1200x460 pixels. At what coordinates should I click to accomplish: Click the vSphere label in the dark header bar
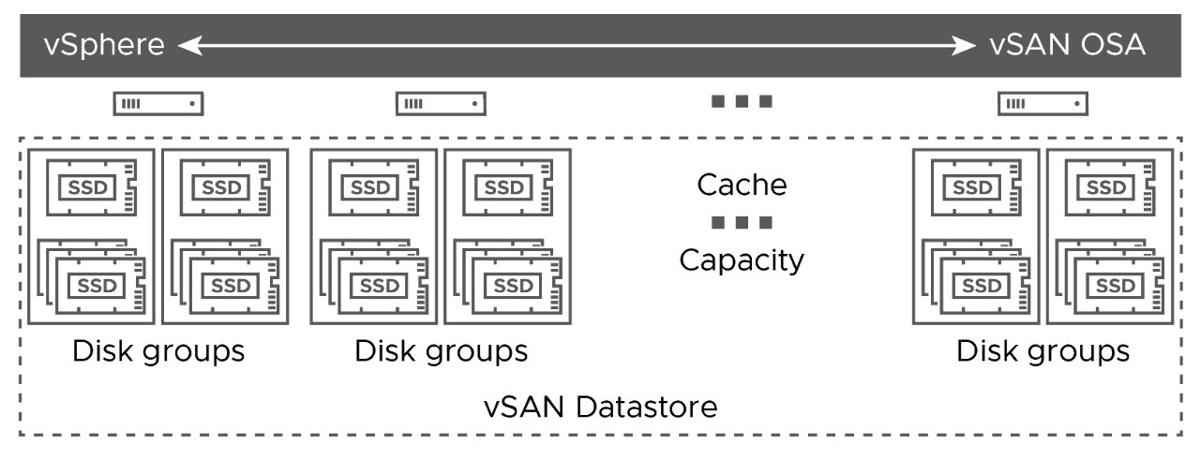pyautogui.click(x=104, y=44)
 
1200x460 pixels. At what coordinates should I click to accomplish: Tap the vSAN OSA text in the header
pyautogui.click(x=1067, y=44)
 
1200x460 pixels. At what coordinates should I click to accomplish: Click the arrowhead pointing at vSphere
pyautogui.click(x=189, y=46)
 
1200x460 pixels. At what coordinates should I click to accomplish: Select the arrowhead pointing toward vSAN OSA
pyautogui.click(x=963, y=46)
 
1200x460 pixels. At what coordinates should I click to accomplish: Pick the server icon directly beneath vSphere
pyautogui.click(x=158, y=103)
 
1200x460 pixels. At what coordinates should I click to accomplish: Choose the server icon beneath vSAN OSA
pyautogui.click(x=1042, y=103)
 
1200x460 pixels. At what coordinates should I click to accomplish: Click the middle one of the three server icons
pyautogui.click(x=441, y=103)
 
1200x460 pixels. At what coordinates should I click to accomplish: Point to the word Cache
pyautogui.click(x=742, y=185)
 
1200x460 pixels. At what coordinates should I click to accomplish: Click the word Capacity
pyautogui.click(x=742, y=260)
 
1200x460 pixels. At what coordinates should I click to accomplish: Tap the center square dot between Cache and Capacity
pyautogui.click(x=742, y=222)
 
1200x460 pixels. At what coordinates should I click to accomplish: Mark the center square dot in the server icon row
pyautogui.click(x=742, y=101)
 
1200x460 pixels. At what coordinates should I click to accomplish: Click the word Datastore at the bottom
pyautogui.click(x=647, y=407)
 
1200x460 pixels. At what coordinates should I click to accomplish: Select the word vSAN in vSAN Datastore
pyautogui.click(x=524, y=407)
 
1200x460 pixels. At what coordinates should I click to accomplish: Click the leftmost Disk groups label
pyautogui.click(x=158, y=352)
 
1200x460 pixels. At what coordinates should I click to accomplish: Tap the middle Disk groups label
pyautogui.click(x=441, y=352)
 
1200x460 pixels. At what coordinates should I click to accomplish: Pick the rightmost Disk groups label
pyautogui.click(x=1042, y=352)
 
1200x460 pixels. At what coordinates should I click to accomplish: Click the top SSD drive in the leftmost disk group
pyautogui.click(x=92, y=187)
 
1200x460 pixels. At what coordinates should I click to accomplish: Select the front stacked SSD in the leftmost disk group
pyautogui.click(x=100, y=286)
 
